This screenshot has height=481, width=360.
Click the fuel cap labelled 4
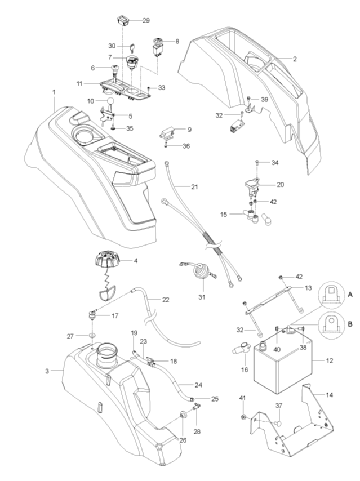coord(106,263)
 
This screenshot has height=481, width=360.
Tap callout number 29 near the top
coord(145,21)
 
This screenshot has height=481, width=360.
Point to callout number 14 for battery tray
coord(330,395)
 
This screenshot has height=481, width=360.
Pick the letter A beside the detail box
coord(350,295)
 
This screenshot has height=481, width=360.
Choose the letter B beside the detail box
coord(350,325)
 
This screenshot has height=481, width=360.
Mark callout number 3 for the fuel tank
coord(48,371)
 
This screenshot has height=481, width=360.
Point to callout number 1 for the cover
coord(54,91)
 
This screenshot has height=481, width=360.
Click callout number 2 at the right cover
coord(294,59)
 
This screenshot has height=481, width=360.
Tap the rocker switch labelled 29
coord(125,21)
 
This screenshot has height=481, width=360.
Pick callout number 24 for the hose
coord(198,385)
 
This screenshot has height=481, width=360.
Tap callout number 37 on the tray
coord(278,406)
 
